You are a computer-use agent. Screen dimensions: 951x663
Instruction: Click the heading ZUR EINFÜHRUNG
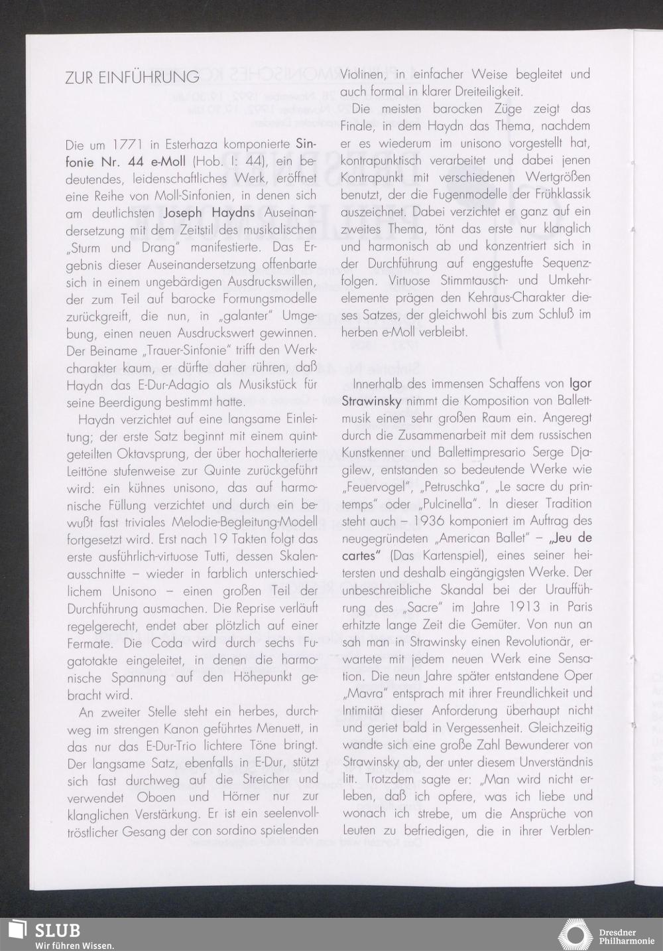pyautogui.click(x=132, y=77)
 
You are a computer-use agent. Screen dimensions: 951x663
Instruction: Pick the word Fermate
pyautogui.click(x=91, y=643)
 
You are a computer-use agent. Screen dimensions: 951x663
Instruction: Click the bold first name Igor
pyautogui.click(x=580, y=384)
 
